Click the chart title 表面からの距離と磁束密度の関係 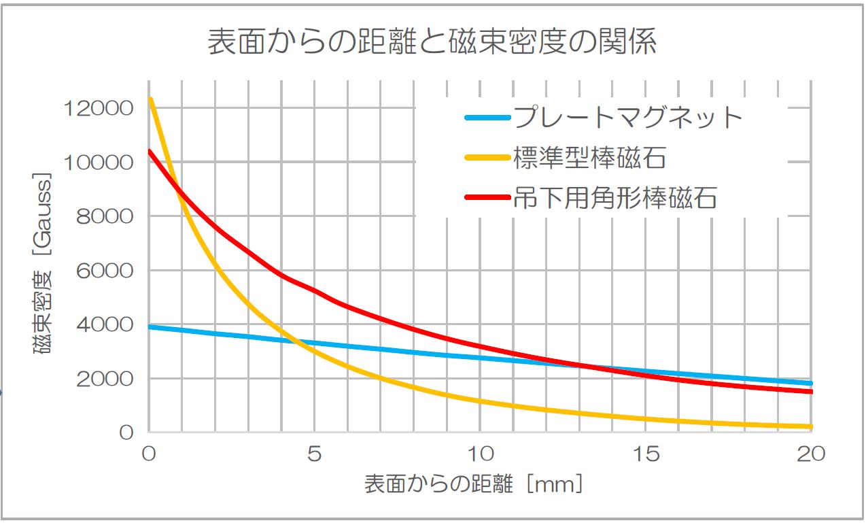(432, 43)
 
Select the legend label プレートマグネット (629, 118)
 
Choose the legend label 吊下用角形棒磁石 (616, 198)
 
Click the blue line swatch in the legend (487, 118)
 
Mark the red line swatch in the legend (487, 198)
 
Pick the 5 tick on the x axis (314, 454)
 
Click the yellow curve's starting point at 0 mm (151, 100)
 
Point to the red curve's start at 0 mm (150, 152)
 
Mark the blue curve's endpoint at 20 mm (810, 384)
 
